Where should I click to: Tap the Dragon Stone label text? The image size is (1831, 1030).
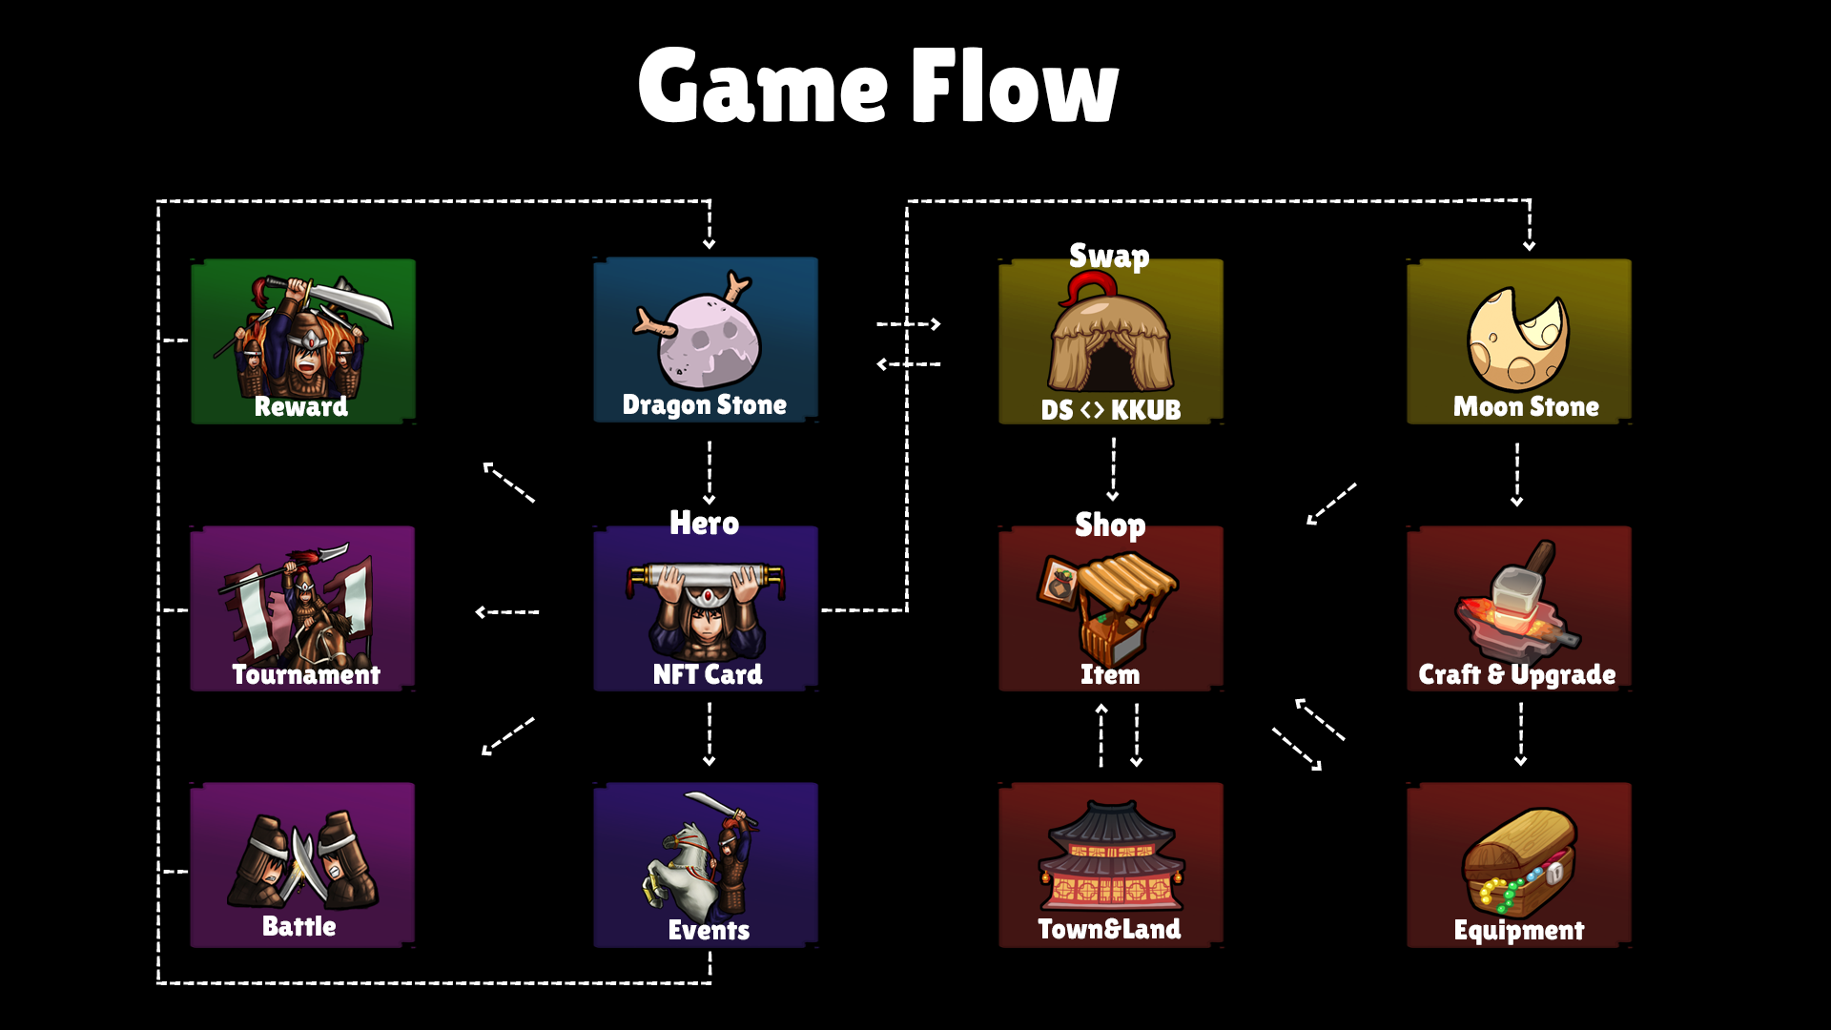coord(704,405)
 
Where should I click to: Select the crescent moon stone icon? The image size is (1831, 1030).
coord(1518,339)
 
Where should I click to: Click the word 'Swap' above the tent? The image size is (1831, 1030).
coord(1109,256)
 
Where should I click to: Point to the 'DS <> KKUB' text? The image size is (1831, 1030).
coord(1110,410)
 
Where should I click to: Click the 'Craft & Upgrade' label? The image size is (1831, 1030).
coord(1516,674)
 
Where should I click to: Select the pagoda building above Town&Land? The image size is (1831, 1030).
coord(1111,856)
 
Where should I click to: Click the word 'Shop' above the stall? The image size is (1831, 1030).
coord(1110,525)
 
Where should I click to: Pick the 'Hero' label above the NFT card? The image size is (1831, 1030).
coord(704,523)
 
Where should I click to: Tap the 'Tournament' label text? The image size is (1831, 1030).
coord(306,674)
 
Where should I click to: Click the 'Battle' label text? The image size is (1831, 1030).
coord(298,926)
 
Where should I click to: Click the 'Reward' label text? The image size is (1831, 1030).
coord(300,406)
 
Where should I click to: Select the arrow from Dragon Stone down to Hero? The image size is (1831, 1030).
coord(709,471)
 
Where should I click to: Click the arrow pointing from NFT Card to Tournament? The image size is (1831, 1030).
coord(507,611)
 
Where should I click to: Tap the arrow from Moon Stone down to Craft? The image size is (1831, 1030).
coord(1516,473)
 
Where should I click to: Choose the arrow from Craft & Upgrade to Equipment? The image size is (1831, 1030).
coord(1520,733)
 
